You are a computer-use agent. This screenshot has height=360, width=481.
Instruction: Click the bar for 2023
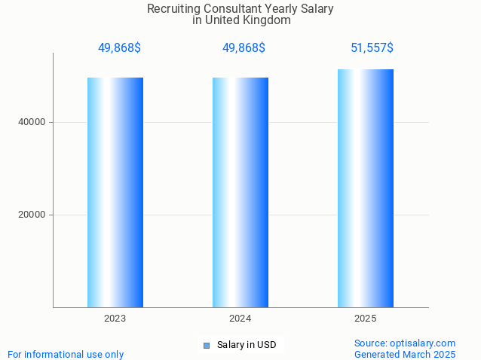pyautogui.click(x=115, y=192)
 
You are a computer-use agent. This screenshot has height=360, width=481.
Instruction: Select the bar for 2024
pyautogui.click(x=240, y=192)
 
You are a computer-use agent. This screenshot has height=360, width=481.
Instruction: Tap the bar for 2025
pyautogui.click(x=366, y=188)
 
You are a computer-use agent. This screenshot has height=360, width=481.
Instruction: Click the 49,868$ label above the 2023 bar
pyautogui.click(x=119, y=48)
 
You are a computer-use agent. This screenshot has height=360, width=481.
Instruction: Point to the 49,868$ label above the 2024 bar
pyautogui.click(x=244, y=48)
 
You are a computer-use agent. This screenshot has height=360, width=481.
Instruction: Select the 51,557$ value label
pyautogui.click(x=372, y=48)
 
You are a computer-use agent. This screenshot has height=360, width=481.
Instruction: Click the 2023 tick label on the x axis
pyautogui.click(x=115, y=319)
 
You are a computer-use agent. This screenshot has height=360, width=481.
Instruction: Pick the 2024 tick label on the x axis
pyautogui.click(x=240, y=319)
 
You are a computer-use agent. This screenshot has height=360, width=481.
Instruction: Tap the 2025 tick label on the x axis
pyautogui.click(x=366, y=319)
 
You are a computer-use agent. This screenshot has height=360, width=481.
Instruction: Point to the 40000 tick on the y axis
pyautogui.click(x=32, y=122)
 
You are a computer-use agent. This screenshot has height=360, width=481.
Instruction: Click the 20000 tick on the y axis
pyautogui.click(x=32, y=215)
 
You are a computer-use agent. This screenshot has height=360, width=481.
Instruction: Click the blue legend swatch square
pyautogui.click(x=206, y=346)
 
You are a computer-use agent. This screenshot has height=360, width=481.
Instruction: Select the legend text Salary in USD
pyautogui.click(x=247, y=346)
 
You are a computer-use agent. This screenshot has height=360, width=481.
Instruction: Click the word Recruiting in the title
pyautogui.click(x=174, y=9)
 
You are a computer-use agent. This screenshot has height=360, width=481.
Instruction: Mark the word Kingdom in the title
pyautogui.click(x=268, y=20)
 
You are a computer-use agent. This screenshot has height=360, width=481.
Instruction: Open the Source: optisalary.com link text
pyautogui.click(x=405, y=343)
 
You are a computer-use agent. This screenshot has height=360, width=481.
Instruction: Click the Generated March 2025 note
pyautogui.click(x=405, y=354)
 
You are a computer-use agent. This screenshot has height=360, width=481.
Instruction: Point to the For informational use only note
pyautogui.click(x=66, y=354)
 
